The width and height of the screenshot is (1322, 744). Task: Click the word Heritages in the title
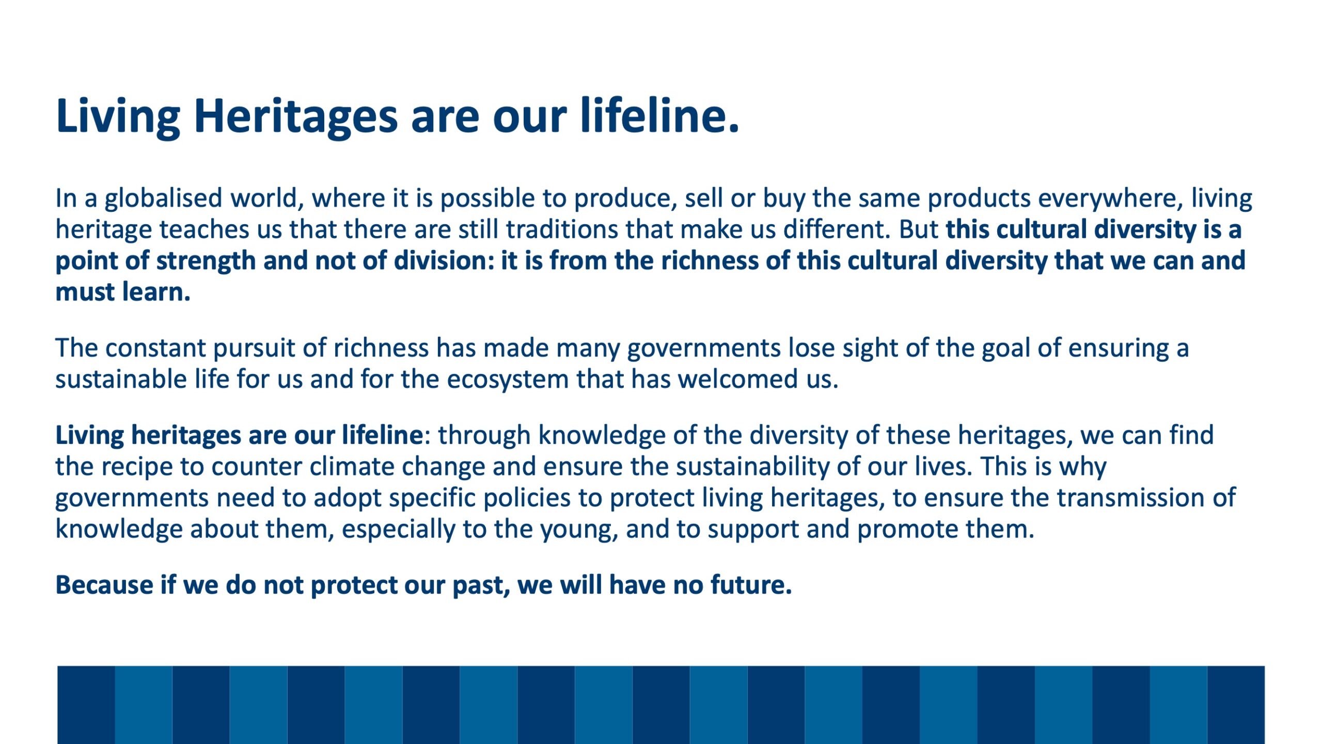click(296, 117)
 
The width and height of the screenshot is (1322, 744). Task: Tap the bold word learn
click(156, 292)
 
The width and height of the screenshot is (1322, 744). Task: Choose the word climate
click(352, 467)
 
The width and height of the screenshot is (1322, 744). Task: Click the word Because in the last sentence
click(104, 585)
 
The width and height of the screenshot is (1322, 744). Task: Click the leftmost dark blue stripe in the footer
click(86, 705)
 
